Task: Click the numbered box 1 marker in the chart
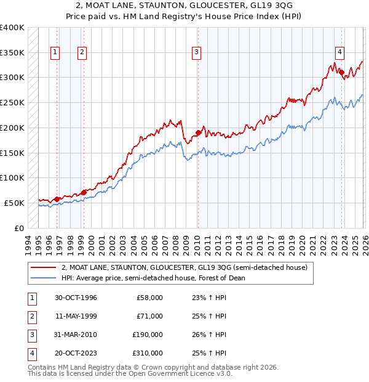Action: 55,53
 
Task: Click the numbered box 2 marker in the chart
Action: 82,53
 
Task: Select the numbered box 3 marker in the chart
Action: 196,53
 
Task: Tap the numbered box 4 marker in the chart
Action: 339,53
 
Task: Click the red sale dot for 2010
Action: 198,132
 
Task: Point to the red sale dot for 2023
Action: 341,72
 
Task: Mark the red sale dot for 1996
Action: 57,198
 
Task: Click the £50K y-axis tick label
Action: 14,203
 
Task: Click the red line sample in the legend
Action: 44,267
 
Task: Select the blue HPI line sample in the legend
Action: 44,278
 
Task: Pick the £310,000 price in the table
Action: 148,353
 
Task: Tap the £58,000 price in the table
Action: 149,298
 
